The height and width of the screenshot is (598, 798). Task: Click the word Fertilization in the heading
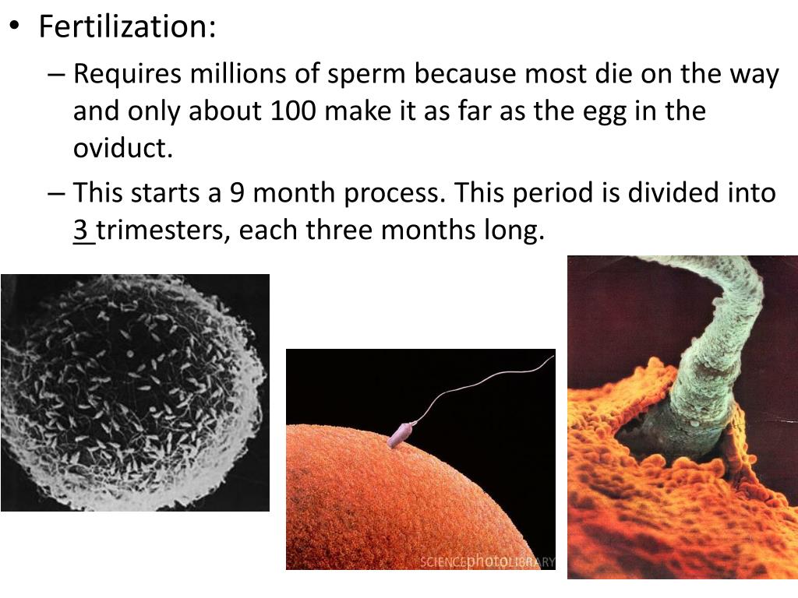pyautogui.click(x=126, y=28)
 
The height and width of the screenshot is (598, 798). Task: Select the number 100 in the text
pyautogui.click(x=293, y=111)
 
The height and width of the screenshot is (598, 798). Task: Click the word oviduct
pyautogui.click(x=122, y=148)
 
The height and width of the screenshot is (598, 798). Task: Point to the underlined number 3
pyautogui.click(x=81, y=230)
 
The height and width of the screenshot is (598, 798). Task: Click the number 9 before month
pyautogui.click(x=238, y=193)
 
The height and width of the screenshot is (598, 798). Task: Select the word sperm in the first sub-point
pyautogui.click(x=365, y=76)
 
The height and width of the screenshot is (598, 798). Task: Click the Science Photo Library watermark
pyautogui.click(x=487, y=561)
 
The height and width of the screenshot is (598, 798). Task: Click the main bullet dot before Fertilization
pyautogui.click(x=15, y=26)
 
